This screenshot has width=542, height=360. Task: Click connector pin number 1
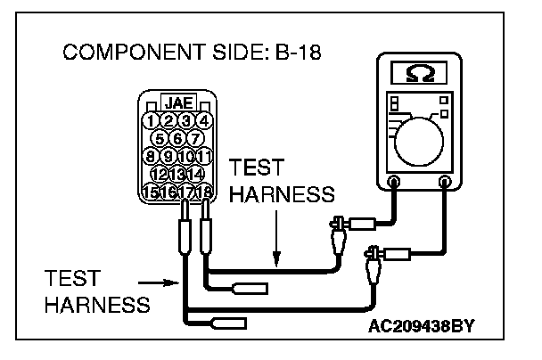click(x=152, y=120)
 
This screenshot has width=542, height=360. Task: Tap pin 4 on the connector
click(x=204, y=120)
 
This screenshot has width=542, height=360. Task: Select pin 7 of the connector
click(x=195, y=138)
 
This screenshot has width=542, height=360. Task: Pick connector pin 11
click(x=204, y=156)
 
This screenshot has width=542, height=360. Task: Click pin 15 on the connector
click(x=152, y=191)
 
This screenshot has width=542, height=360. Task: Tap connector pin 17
click(x=186, y=191)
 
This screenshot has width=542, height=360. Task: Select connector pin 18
click(x=204, y=191)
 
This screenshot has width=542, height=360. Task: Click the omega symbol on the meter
click(x=417, y=72)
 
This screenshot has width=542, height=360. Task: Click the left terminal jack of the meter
click(x=394, y=181)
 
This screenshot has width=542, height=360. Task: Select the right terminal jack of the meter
click(x=445, y=181)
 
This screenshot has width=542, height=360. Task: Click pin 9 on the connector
click(x=169, y=156)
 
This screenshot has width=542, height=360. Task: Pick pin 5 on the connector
click(x=161, y=138)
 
